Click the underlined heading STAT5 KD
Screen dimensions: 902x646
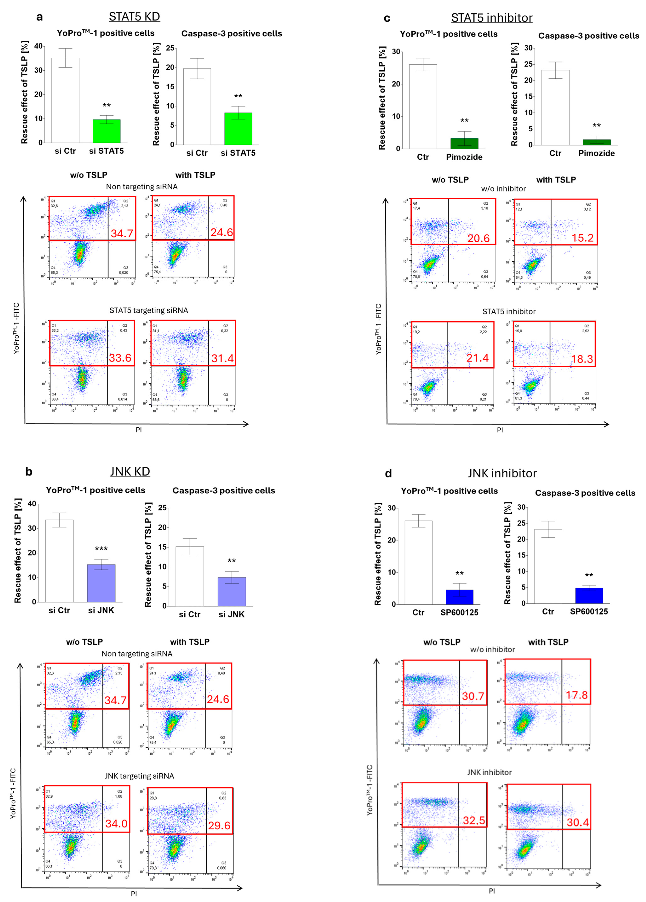(x=134, y=17)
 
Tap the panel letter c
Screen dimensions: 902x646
(x=387, y=18)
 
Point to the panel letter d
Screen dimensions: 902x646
(x=388, y=473)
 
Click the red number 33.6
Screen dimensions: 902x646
(x=120, y=358)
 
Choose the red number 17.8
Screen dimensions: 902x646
(x=577, y=695)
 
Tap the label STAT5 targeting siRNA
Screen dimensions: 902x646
(x=149, y=310)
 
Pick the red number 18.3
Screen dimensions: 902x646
(x=582, y=359)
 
